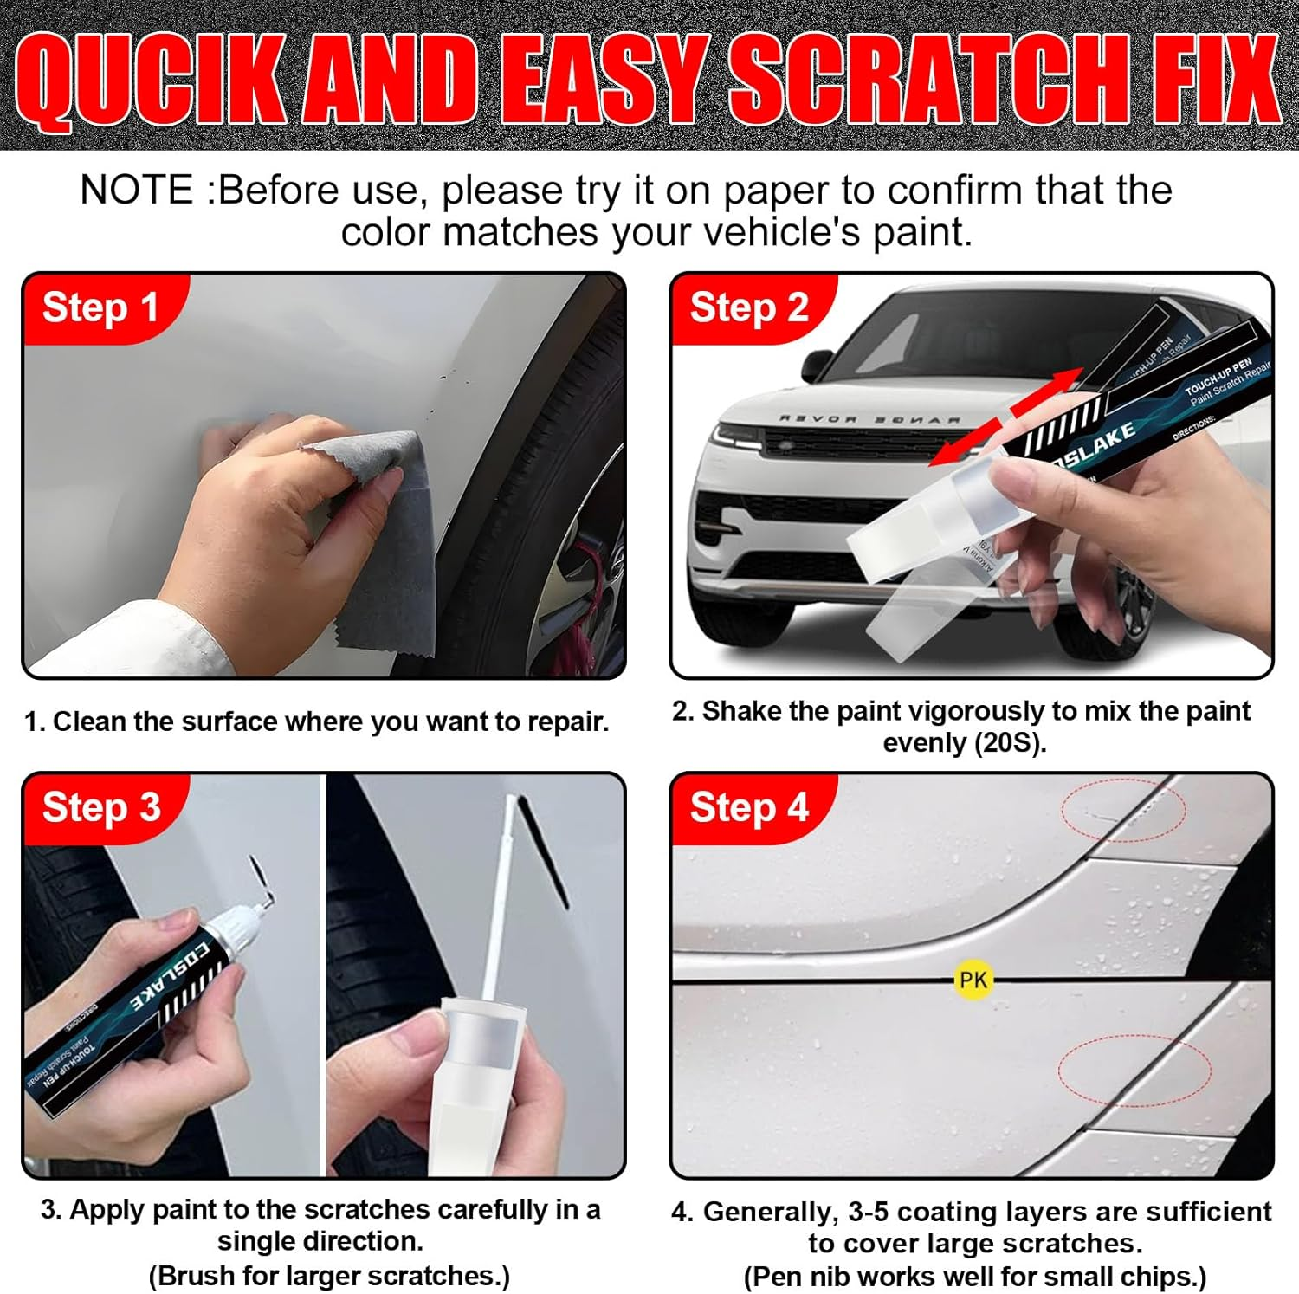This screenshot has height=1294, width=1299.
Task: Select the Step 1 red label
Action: click(100, 307)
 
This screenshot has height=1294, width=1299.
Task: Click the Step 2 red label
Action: click(749, 307)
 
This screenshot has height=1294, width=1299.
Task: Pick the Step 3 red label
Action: click(101, 807)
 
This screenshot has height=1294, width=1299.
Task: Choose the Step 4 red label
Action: click(749, 807)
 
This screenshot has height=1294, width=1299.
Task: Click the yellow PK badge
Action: click(973, 980)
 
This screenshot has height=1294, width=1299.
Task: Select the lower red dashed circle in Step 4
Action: click(1134, 1071)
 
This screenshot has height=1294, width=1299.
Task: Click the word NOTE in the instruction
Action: click(137, 191)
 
